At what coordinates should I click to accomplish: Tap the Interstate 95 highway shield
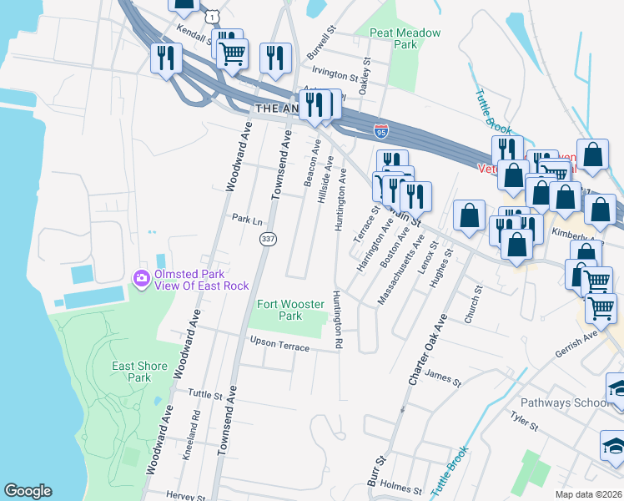tap(381, 131)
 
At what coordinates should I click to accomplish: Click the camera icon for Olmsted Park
tap(141, 277)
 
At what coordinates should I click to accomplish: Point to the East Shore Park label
tap(139, 372)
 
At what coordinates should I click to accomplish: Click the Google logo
tap(28, 491)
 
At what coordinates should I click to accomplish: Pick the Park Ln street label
tap(247, 219)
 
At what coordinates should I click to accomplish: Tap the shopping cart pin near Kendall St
tap(232, 53)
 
